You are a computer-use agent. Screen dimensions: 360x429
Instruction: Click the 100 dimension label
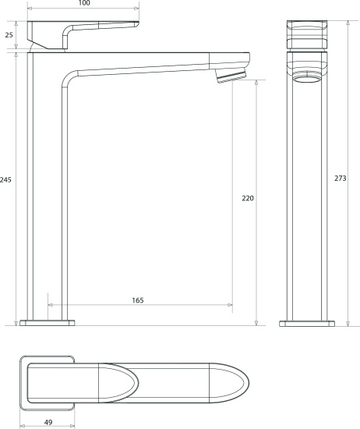pyautogui.click(x=84, y=3)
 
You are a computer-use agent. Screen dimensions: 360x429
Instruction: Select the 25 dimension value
pyautogui.click(x=9, y=35)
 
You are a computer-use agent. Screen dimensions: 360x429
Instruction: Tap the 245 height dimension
pyautogui.click(x=5, y=179)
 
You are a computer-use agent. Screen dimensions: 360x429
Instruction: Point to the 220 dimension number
pyautogui.click(x=248, y=198)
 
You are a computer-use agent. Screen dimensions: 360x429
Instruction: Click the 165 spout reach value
pyautogui.click(x=138, y=300)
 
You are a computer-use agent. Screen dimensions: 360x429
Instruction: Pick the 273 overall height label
pyautogui.click(x=341, y=178)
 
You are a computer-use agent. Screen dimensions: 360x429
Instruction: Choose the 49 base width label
pyautogui.click(x=48, y=423)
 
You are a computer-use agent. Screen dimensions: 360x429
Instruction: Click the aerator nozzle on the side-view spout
pyautogui.click(x=231, y=76)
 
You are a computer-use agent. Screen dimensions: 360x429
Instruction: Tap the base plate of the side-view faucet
pyautogui.click(x=48, y=323)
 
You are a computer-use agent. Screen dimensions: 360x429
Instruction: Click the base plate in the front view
pyautogui.click(x=307, y=324)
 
